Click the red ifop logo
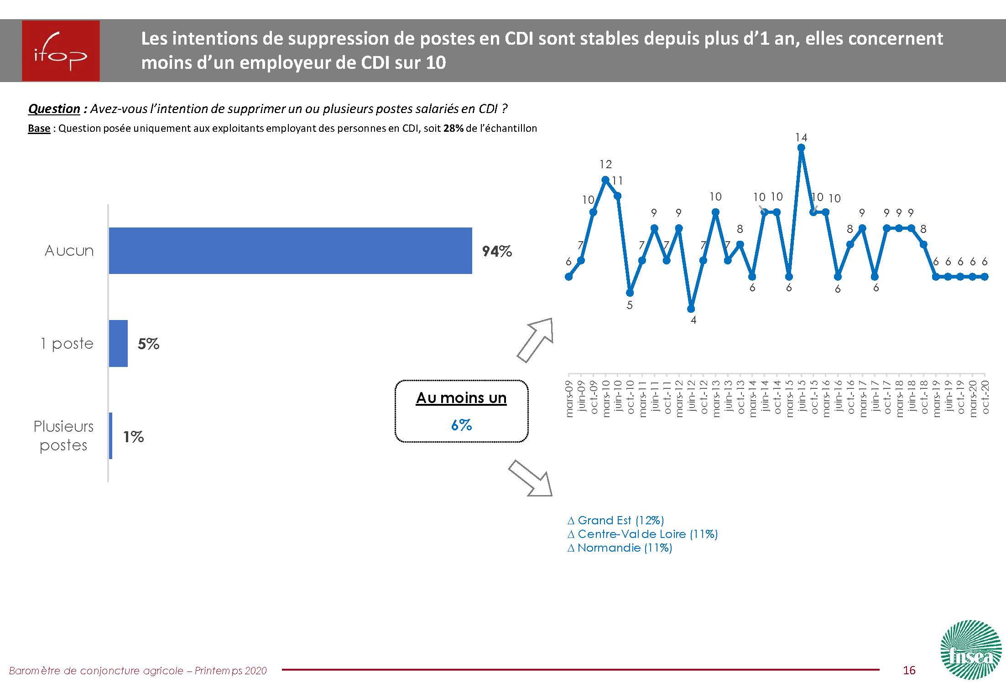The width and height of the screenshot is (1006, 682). (61, 51)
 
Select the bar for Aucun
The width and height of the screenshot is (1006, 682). (290, 251)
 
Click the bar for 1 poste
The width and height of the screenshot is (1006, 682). (118, 343)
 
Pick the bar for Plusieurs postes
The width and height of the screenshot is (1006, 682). (110, 436)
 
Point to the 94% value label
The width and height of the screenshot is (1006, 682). (497, 251)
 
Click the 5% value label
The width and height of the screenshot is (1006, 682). (148, 344)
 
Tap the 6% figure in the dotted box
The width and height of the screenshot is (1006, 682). (461, 425)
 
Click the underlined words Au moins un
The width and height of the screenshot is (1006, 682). (461, 398)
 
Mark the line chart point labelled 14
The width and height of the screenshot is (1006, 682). (801, 147)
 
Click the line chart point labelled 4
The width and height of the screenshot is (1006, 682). (691, 309)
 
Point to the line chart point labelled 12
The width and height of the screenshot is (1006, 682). (605, 180)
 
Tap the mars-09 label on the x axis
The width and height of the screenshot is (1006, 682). (569, 398)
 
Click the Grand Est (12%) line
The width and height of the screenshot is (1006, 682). (616, 520)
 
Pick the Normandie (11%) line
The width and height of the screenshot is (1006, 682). (620, 548)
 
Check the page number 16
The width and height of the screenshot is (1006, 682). (909, 670)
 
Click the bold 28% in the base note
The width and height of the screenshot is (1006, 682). (453, 129)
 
